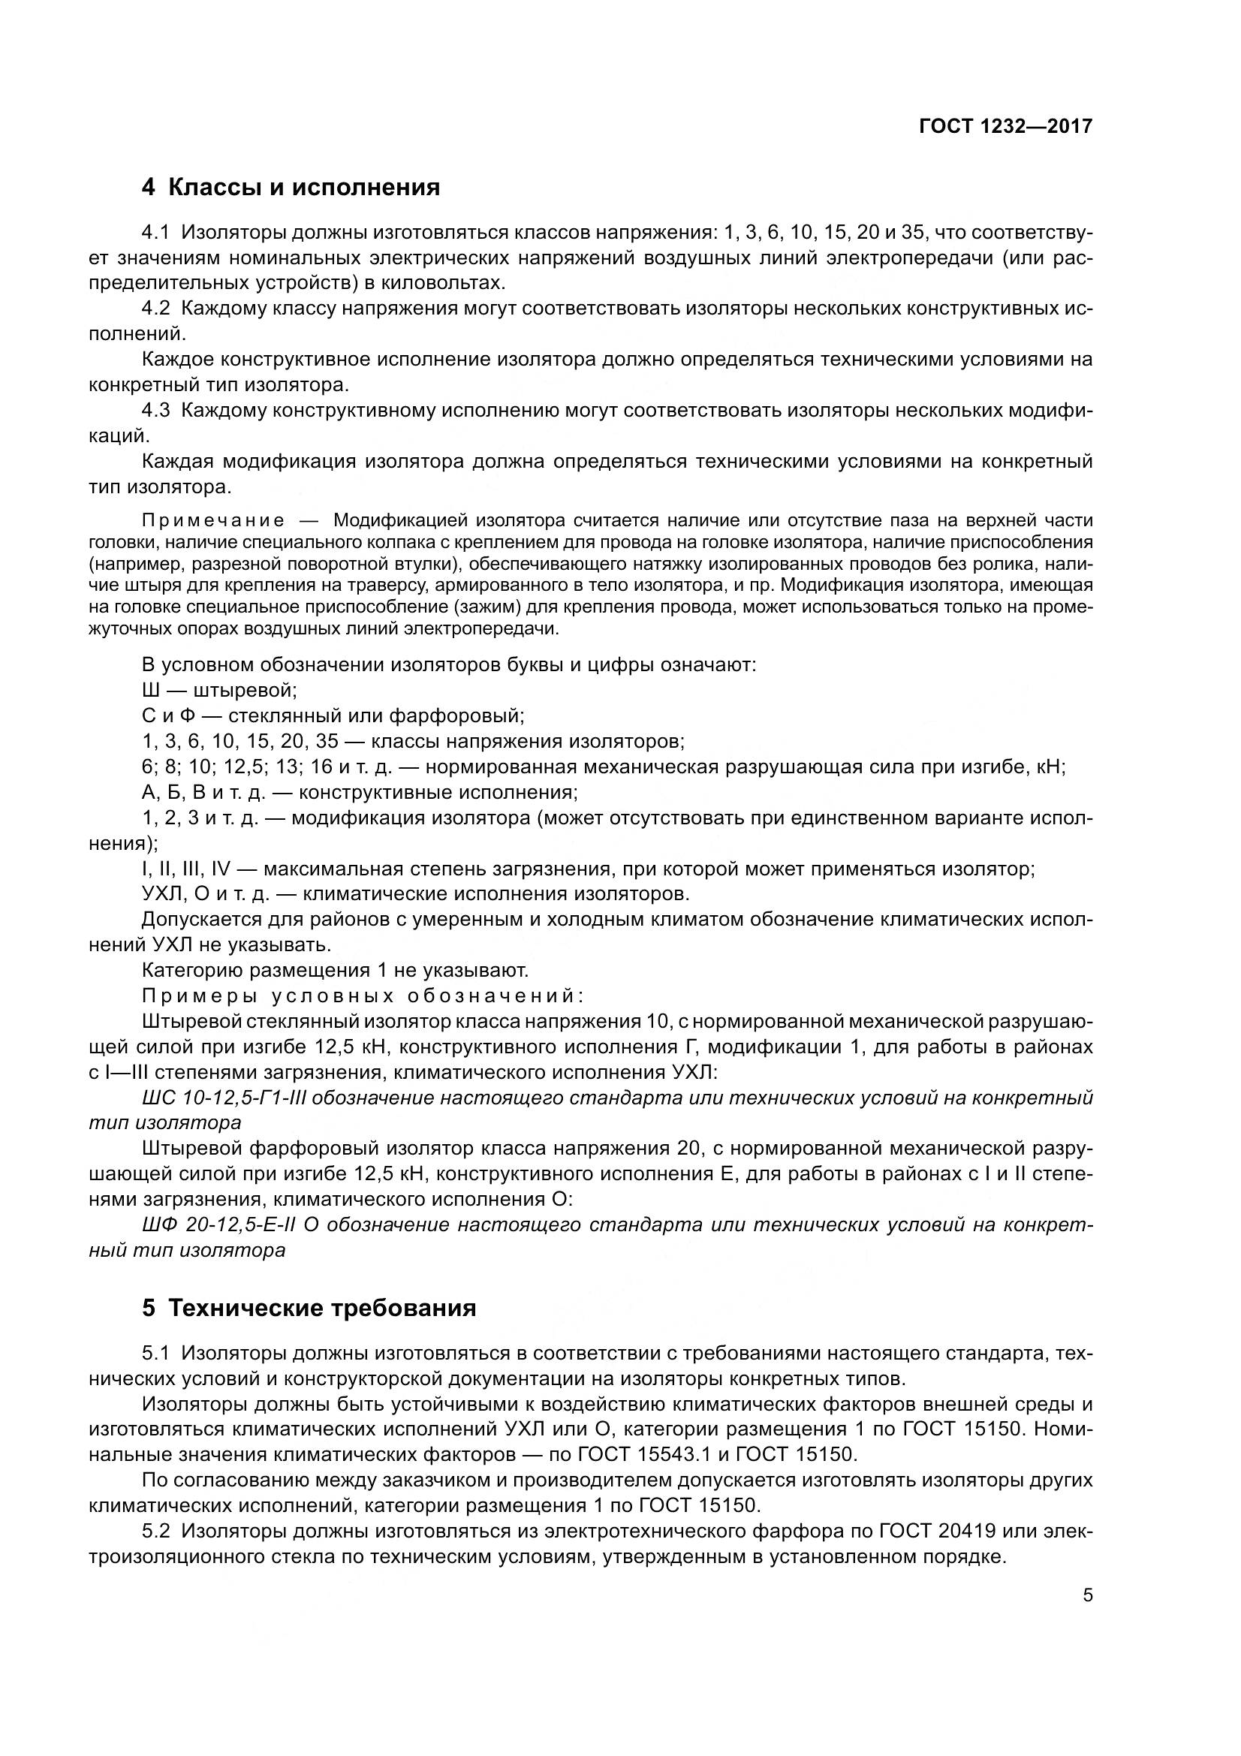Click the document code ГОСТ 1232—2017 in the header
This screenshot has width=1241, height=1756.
tap(1005, 126)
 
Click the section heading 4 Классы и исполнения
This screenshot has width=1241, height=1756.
tap(291, 188)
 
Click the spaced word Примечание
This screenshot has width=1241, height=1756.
tap(213, 521)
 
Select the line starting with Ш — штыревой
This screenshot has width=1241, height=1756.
tap(219, 691)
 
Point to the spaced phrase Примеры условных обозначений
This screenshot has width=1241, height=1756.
tap(363, 996)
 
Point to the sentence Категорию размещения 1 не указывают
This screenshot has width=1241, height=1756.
tap(335, 971)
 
